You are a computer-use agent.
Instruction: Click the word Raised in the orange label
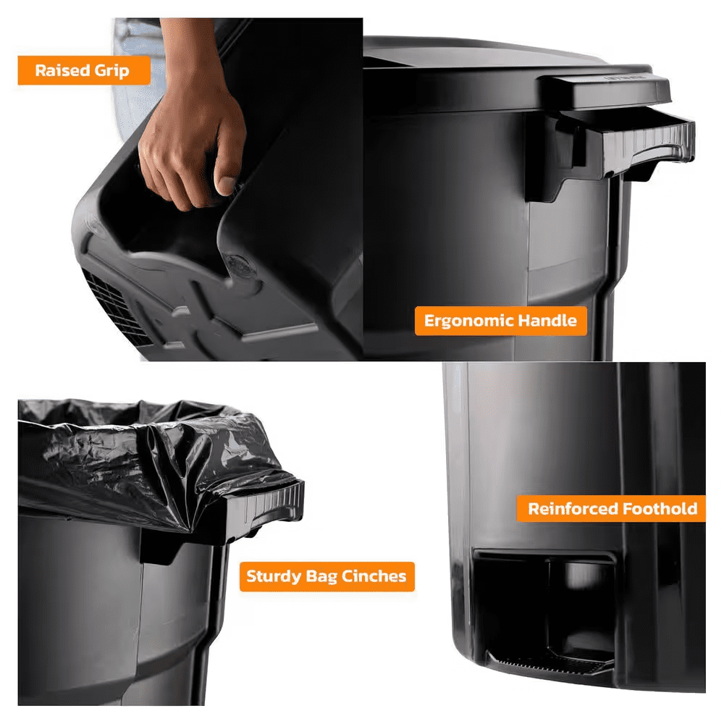62,70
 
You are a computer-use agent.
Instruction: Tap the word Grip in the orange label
111,71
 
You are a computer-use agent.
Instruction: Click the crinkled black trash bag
152,462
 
